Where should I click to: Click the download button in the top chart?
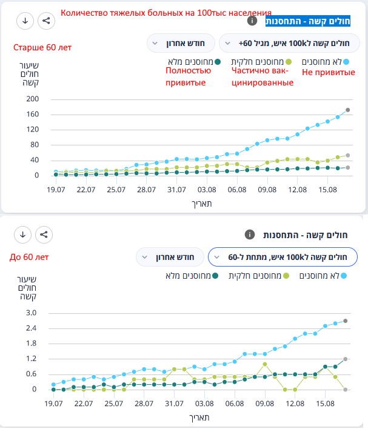[x=25, y=21]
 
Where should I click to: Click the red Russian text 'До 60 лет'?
[x=29, y=256]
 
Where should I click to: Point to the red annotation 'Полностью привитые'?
[x=189, y=77]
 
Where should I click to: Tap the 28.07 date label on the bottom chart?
[x=144, y=404]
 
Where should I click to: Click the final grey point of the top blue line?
[x=347, y=110]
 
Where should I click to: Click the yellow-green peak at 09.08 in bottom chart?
[x=265, y=364]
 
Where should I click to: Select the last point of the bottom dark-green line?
[x=346, y=359]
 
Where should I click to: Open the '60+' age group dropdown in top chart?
[x=290, y=43]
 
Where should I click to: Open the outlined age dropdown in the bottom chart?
[x=283, y=256]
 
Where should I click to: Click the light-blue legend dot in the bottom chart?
[x=344, y=276]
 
